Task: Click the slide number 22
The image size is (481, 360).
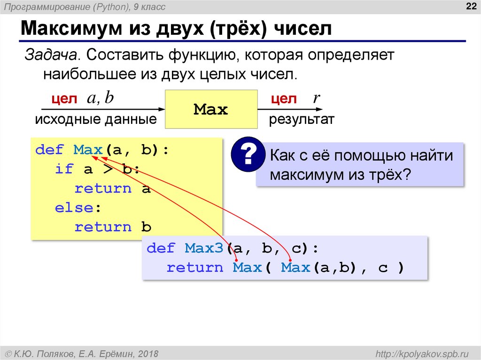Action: pyautogui.click(x=470, y=6)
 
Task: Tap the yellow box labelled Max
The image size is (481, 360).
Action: pyautogui.click(x=211, y=110)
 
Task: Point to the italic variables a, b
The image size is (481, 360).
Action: pyautogui.click(x=100, y=99)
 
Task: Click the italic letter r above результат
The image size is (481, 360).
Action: pyautogui.click(x=316, y=98)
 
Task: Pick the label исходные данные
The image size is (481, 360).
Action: pyautogui.click(x=95, y=120)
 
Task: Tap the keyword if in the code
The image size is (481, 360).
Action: pyautogui.click(x=64, y=169)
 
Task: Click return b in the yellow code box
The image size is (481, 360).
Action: pyautogui.click(x=113, y=227)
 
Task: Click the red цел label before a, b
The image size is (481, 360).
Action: pyautogui.click(x=63, y=100)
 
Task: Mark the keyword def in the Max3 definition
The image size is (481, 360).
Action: pyautogui.click(x=161, y=248)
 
